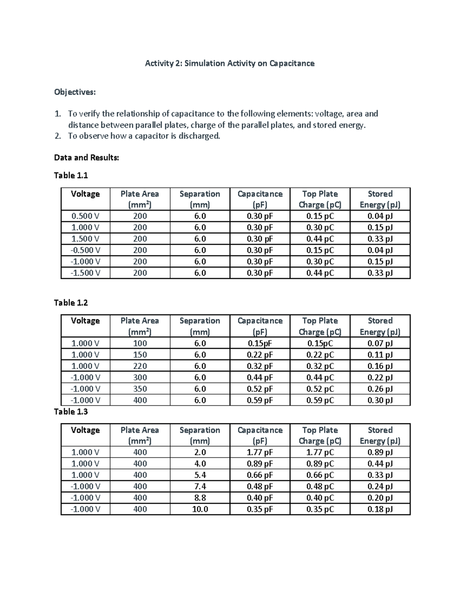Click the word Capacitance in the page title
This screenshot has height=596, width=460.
292,63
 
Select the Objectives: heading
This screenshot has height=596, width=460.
75,92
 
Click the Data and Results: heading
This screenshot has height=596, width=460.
87,158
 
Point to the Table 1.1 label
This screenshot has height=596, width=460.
71,175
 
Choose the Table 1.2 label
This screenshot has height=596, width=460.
71,303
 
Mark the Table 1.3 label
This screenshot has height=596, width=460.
71,412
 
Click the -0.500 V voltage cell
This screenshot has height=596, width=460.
85,250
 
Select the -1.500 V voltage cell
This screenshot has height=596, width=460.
85,273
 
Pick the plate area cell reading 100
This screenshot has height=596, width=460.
140,343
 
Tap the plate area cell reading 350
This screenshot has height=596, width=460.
140,389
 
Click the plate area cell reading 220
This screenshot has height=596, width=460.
140,366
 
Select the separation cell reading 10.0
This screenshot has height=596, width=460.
200,509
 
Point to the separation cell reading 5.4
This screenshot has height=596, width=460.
200,475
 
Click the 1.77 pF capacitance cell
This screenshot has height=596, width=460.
260,452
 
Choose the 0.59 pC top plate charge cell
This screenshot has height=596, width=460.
320,400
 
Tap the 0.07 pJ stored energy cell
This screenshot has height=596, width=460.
380,343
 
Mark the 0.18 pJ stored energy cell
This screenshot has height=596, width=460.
380,509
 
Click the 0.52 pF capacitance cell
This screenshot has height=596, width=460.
260,389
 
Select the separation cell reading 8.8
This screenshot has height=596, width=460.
200,498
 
